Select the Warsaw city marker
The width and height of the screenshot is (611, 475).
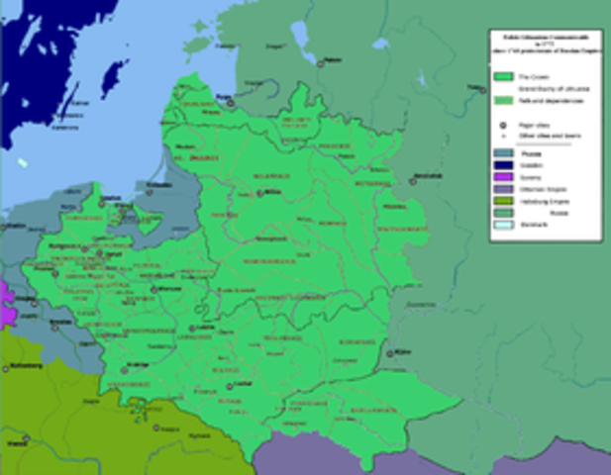(x=157, y=289)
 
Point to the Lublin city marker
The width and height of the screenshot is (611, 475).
(x=191, y=329)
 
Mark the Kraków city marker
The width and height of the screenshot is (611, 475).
(x=125, y=370)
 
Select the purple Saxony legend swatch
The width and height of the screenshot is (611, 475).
(x=503, y=179)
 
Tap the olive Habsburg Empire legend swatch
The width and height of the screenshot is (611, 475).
(x=503, y=201)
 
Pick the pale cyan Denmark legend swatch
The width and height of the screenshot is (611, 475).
(x=503, y=225)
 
